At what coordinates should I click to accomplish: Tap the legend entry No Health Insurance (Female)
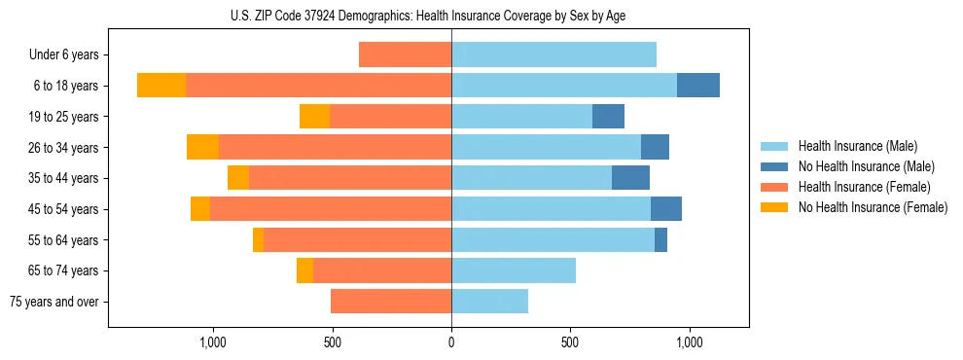pyautogui.click(x=873, y=207)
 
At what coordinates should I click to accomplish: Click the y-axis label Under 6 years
pyautogui.click(x=64, y=55)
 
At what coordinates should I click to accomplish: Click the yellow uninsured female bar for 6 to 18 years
pyautogui.click(x=161, y=86)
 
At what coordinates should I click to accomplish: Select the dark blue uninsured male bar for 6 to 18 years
pyautogui.click(x=698, y=86)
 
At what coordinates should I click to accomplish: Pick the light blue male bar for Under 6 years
pyautogui.click(x=553, y=54)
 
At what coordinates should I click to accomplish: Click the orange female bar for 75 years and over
pyautogui.click(x=391, y=302)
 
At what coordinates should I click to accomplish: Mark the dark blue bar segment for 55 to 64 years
pyautogui.click(x=660, y=239)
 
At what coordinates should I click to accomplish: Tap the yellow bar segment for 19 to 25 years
pyautogui.click(x=315, y=117)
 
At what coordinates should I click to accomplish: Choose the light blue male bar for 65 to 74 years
pyautogui.click(x=514, y=270)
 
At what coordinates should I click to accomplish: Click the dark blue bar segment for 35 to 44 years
pyautogui.click(x=630, y=178)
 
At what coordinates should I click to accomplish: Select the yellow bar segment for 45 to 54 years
pyautogui.click(x=200, y=209)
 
